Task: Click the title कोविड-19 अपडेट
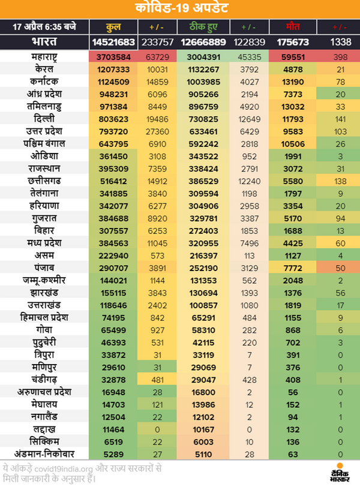pos(179,9)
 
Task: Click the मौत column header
pos(292,28)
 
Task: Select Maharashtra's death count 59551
pos(292,56)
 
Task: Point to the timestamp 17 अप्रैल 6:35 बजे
pos(44,28)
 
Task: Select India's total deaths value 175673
pos(292,43)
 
